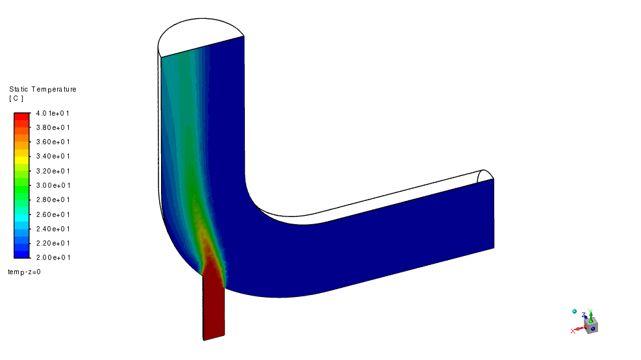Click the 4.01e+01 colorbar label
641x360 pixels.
(x=53, y=113)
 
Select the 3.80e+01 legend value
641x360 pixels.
(x=53, y=127)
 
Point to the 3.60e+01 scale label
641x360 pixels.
(x=53, y=142)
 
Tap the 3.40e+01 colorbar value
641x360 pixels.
(x=53, y=156)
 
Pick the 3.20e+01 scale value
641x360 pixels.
(x=53, y=171)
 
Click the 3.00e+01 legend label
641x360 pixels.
(x=53, y=185)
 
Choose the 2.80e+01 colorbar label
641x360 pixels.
(x=53, y=199)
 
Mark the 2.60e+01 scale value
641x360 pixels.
(x=53, y=214)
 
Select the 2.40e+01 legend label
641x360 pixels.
(x=53, y=229)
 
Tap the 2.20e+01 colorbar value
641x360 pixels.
(x=53, y=243)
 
